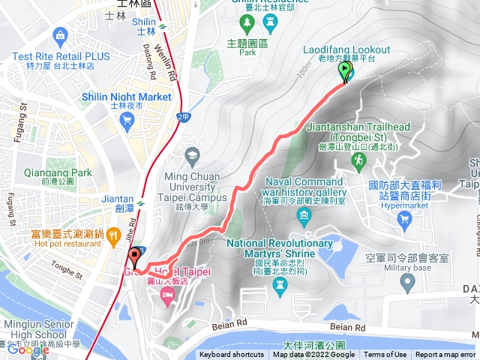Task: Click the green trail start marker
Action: [345, 72]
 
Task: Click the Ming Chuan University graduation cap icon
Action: [191, 157]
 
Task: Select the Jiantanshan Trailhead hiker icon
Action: [361, 160]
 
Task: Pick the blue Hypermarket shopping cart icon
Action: [405, 219]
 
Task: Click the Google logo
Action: [28, 349]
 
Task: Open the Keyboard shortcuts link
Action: [232, 355]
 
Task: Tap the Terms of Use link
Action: [385, 355]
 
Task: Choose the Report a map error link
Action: [446, 355]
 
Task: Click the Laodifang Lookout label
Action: [339, 49]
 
